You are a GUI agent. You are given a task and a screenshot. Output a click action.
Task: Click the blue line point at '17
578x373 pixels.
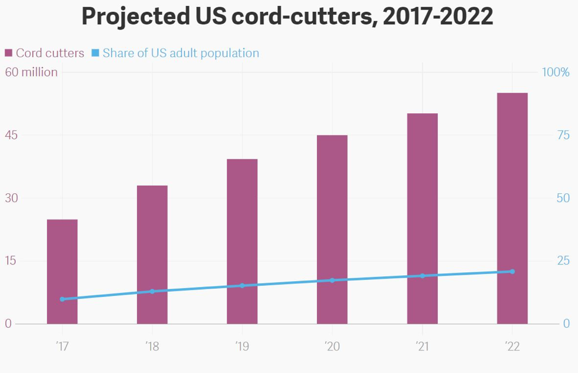(62, 299)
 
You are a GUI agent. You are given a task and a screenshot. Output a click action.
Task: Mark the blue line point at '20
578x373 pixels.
(332, 280)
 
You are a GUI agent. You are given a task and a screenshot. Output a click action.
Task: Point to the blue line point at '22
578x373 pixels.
(512, 272)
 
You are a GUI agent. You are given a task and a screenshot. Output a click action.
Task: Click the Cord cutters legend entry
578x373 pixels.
(45, 53)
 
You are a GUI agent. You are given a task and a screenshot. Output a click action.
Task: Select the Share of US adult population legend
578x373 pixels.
(176, 53)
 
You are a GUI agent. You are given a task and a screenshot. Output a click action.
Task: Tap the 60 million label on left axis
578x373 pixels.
(31, 72)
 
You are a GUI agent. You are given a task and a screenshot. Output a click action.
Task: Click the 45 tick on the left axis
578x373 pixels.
(11, 135)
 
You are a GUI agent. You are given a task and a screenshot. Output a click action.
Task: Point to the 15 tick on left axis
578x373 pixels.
(11, 261)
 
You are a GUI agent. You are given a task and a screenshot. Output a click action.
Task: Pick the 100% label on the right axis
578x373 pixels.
(555, 72)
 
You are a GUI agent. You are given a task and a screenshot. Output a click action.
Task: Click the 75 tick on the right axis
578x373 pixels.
(563, 135)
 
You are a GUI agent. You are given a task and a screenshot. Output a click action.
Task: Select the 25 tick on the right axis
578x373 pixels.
(563, 261)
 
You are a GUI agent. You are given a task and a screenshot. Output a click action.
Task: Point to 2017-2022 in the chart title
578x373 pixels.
(438, 17)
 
